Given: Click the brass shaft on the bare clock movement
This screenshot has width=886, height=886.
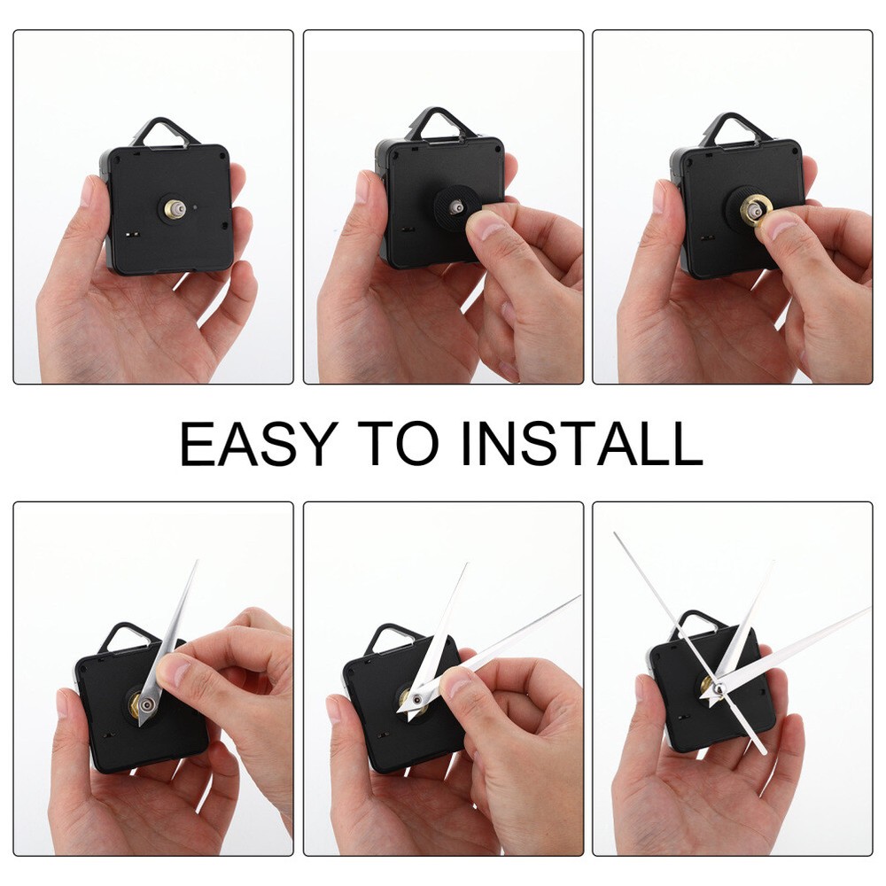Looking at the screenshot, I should click(x=174, y=209).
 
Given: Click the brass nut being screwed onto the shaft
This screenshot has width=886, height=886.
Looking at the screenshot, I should click(x=756, y=209).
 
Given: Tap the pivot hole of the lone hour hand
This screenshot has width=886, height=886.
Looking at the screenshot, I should click(x=148, y=705).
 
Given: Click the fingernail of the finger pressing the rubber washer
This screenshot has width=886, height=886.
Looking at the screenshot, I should click(x=484, y=228).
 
